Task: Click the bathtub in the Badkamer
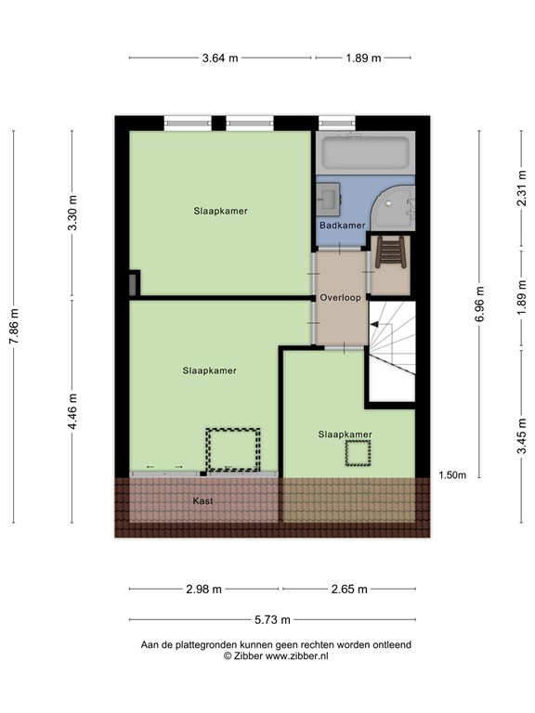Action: tap(365, 153)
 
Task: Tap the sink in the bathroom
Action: tap(329, 199)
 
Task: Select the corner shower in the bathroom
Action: tap(393, 209)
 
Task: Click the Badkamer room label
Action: tap(342, 225)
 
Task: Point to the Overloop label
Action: tap(340, 297)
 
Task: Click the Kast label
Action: tap(202, 500)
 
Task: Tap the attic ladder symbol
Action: tap(390, 252)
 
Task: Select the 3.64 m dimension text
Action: tap(220, 58)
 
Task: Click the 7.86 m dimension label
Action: tap(15, 326)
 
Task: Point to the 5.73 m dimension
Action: tap(272, 619)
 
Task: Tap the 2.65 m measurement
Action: tap(349, 589)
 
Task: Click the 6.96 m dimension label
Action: tap(479, 304)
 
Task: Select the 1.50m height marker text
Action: tap(452, 475)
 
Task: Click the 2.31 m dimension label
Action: tap(521, 188)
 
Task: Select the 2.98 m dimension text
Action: tap(203, 589)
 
